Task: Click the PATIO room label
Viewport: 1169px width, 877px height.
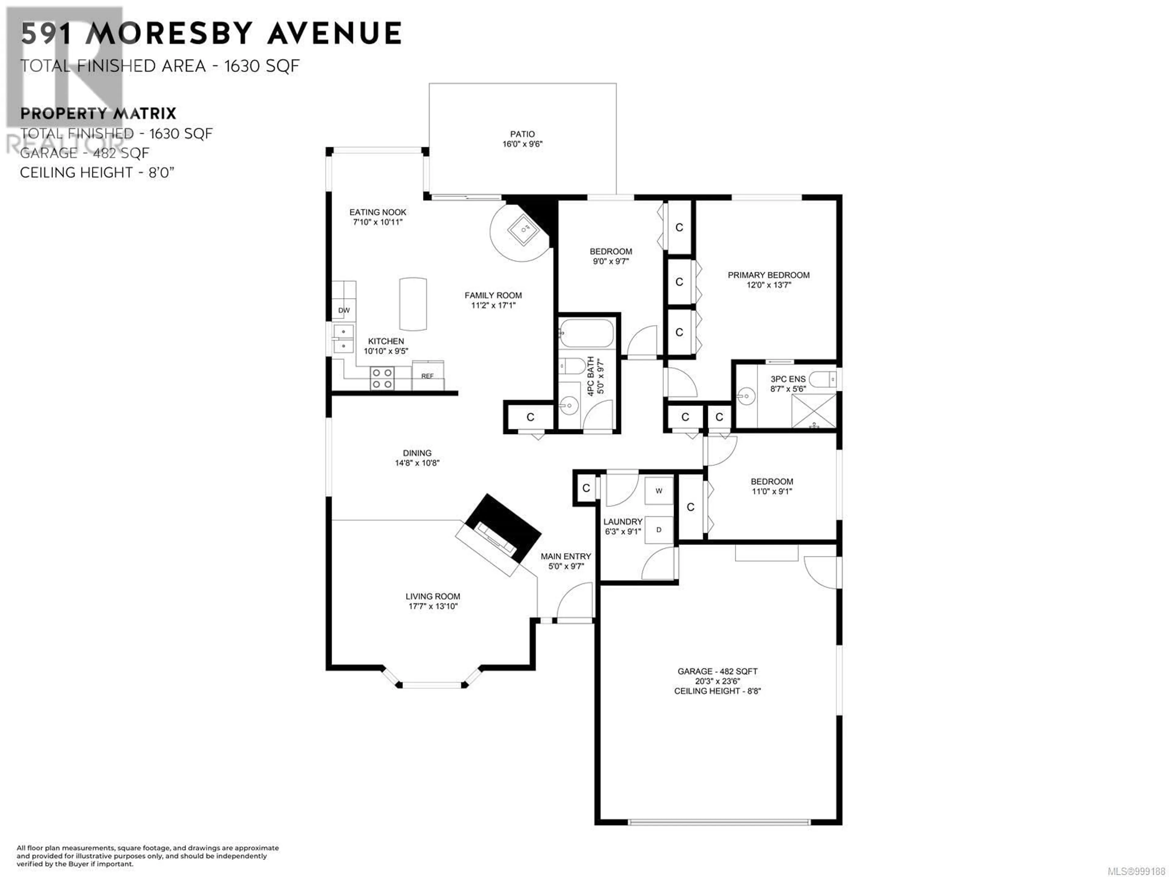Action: (x=522, y=134)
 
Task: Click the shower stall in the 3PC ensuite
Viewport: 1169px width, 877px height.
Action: (x=813, y=411)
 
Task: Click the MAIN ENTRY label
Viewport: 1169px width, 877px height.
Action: (x=566, y=556)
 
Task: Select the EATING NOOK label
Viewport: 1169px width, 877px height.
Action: (x=378, y=212)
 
